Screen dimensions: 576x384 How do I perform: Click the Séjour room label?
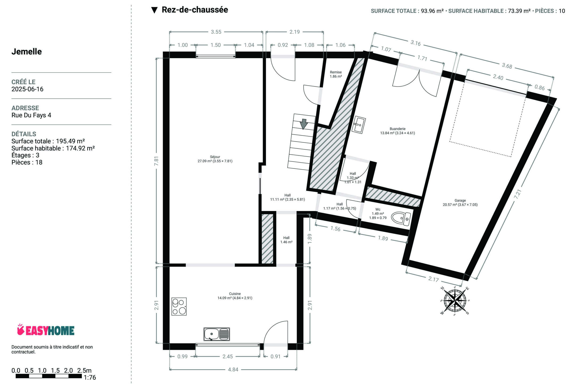(215, 159)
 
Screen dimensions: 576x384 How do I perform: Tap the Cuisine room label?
(235, 296)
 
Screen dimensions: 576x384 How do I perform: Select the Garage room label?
(460, 203)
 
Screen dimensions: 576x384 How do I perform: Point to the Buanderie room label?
(398, 131)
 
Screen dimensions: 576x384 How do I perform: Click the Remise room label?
(336, 74)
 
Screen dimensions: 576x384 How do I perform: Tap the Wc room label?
(378, 214)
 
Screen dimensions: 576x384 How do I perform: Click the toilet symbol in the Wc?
(401, 218)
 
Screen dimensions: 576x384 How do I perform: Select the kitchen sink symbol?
(217, 334)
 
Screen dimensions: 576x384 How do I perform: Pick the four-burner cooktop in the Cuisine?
(179, 306)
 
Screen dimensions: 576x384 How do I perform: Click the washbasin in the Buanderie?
(359, 125)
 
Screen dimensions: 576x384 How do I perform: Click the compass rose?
(455, 301)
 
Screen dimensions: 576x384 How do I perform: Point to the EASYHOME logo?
(46, 330)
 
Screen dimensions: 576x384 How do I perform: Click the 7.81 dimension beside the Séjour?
(156, 161)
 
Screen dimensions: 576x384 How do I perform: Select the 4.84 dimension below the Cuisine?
(233, 370)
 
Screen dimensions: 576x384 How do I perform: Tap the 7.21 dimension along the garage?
(518, 194)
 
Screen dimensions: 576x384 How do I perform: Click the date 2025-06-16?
(27, 89)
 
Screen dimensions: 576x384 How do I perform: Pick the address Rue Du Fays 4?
(31, 115)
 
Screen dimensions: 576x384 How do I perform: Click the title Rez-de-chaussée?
(195, 10)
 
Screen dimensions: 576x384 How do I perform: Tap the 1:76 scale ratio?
(90, 378)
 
